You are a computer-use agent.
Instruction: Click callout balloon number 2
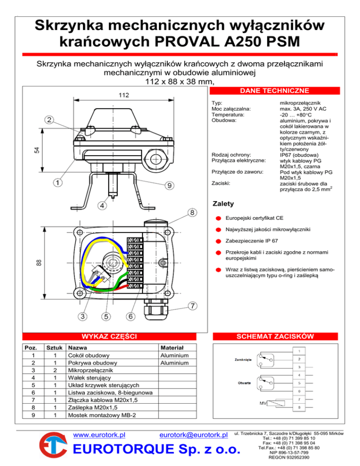(x=50, y=120)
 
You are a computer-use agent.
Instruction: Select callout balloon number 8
(x=192, y=212)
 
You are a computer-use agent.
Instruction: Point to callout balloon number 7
(x=192, y=306)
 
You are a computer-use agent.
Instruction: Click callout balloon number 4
(x=102, y=205)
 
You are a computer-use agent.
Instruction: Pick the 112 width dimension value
(x=124, y=95)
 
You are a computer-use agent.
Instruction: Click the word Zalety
(x=222, y=204)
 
